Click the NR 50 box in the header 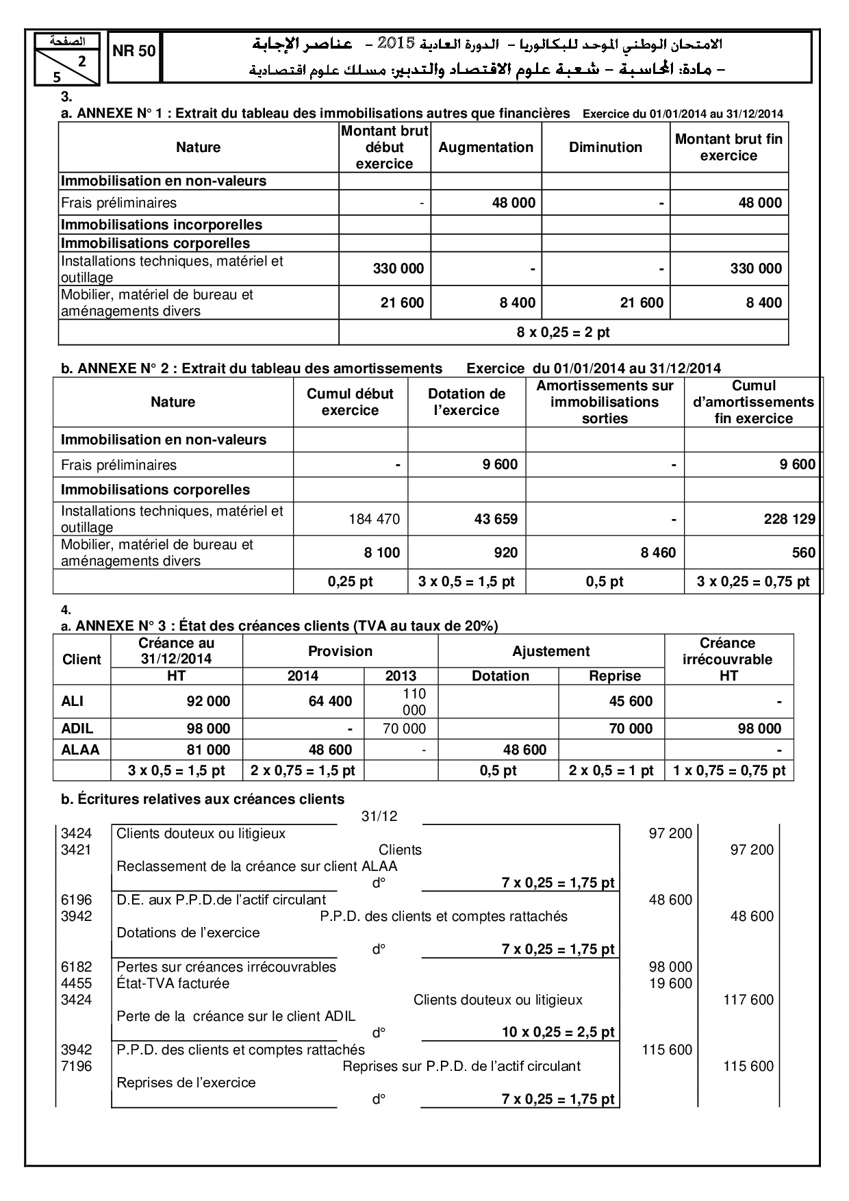pos(134,51)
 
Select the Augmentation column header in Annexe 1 pos(485,147)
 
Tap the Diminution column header pos(605,147)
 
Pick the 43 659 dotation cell pos(496,519)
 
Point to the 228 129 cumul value pos(789,519)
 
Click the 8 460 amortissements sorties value pos(658,553)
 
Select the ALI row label pos(73,701)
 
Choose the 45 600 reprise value pos(631,701)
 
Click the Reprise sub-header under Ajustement pos(614,676)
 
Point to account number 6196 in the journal pos(76,900)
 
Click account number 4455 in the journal pos(76,983)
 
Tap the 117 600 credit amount pos(748,1000)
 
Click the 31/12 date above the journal pos(379,816)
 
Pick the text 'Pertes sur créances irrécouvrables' pos(226,967)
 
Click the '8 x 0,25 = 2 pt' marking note pos(563,333)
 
